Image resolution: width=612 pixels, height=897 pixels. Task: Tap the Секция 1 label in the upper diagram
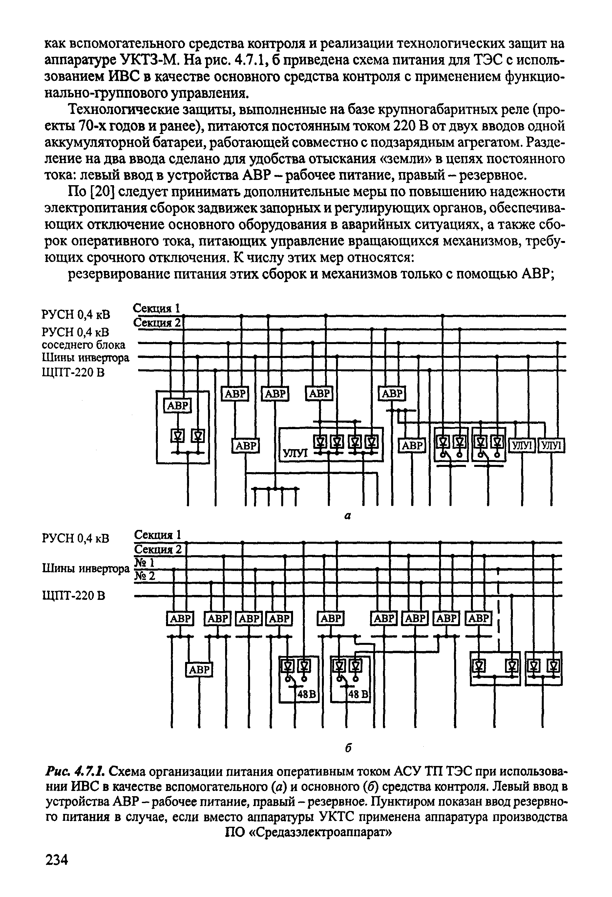[x=156, y=308]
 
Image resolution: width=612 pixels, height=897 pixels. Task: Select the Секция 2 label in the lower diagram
[x=158, y=549]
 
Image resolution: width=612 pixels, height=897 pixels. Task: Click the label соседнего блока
[x=83, y=344]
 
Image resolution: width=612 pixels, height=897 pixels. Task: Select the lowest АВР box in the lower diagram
[x=199, y=669]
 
